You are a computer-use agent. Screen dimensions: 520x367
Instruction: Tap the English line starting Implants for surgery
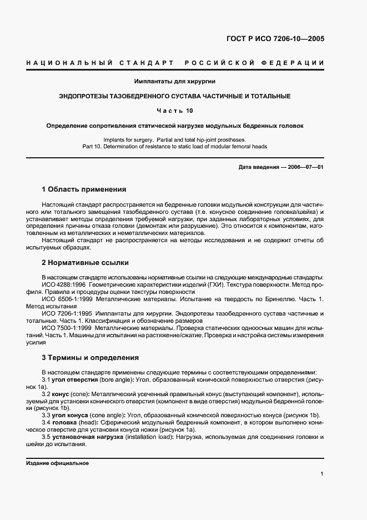point(175,139)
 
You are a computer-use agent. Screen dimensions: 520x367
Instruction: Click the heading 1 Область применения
point(84,189)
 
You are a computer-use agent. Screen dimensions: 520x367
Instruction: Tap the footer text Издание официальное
point(57,463)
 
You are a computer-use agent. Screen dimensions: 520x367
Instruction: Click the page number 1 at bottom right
point(322,474)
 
